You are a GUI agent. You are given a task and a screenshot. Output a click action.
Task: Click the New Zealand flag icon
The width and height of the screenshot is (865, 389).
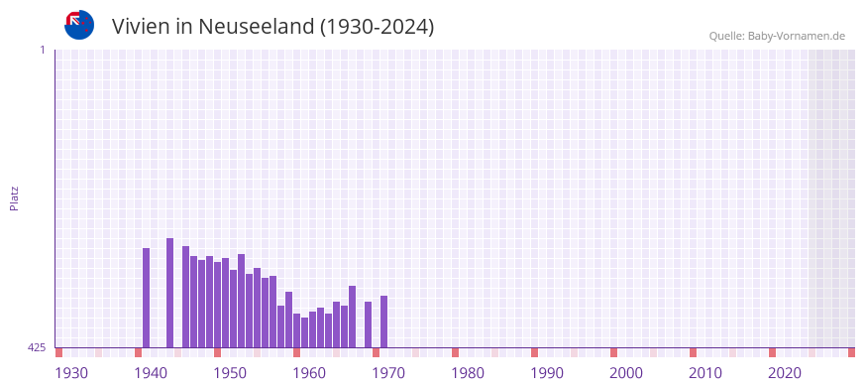coord(79,25)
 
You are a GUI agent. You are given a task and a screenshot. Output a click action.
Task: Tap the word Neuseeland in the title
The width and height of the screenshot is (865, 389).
coord(256,27)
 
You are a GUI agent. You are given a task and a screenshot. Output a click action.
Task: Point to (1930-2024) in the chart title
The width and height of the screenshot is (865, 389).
coord(378,27)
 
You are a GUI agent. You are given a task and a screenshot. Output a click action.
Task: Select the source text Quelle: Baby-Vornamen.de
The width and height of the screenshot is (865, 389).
coord(776,36)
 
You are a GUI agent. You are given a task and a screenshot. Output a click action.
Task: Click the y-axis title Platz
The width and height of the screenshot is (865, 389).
coord(14,197)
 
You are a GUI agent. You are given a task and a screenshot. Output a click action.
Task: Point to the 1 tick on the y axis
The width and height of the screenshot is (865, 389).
coord(42,50)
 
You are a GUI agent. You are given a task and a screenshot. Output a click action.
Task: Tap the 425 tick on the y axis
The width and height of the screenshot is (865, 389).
coord(37,347)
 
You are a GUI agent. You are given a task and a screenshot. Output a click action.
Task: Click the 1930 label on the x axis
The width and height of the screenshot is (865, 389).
coord(71,373)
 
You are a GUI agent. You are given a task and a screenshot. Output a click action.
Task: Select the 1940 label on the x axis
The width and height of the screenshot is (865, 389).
coord(151,373)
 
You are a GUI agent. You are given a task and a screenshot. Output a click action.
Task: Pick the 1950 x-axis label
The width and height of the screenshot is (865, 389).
coord(230,373)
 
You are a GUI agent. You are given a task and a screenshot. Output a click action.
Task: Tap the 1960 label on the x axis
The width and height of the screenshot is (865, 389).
coord(309,373)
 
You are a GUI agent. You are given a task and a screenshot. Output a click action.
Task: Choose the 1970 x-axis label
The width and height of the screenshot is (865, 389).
coord(388,373)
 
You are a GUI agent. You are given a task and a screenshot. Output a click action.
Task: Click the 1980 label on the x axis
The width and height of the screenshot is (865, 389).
coord(468,373)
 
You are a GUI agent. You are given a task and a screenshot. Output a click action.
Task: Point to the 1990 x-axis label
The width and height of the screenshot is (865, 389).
coord(547,373)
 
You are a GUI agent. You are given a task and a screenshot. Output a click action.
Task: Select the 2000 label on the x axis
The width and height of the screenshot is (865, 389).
coord(626,373)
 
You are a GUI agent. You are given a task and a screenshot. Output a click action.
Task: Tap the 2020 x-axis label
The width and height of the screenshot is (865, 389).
coord(785,373)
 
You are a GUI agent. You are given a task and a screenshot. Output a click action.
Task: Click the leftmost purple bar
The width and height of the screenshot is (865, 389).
coord(147,298)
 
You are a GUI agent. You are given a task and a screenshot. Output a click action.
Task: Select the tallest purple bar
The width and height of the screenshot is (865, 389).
coord(170,293)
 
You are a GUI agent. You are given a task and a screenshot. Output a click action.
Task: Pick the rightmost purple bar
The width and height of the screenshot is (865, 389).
coord(384,322)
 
